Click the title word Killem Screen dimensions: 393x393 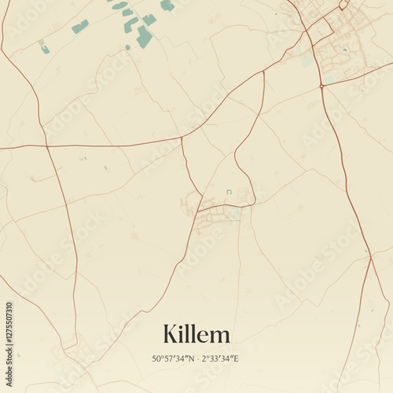coord(196,334)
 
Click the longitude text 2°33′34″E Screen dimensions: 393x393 coord(221,359)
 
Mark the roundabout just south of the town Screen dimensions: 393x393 coord(321,85)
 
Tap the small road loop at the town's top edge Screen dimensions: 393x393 coord(343,5)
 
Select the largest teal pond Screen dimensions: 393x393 coord(144,36)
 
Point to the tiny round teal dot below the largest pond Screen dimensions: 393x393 coord(128,48)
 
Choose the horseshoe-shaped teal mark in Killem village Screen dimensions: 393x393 coord(229,192)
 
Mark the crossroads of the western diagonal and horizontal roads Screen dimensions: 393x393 coord(46,147)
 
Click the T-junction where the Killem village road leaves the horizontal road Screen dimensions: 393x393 coord(182,138)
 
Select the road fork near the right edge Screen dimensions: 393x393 coord(370,255)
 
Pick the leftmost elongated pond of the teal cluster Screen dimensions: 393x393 coord(79,27)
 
